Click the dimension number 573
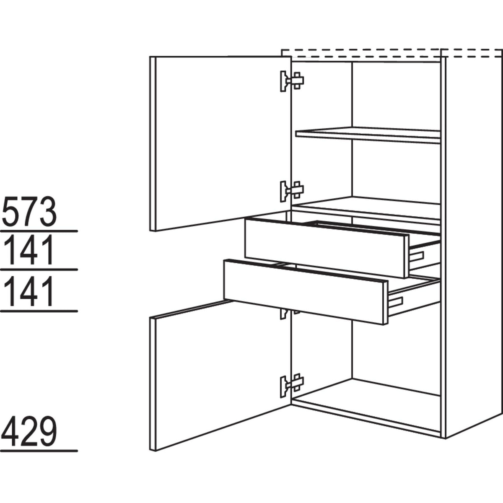(x=29, y=213)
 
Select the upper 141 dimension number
(x=29, y=251)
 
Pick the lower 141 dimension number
(x=29, y=292)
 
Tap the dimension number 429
(x=29, y=432)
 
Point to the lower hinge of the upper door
(x=291, y=191)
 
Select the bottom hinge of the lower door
(x=291, y=384)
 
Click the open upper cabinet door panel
(x=220, y=143)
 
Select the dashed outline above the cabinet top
(x=386, y=53)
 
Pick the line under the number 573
(x=39, y=231)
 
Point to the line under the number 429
(x=39, y=451)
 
